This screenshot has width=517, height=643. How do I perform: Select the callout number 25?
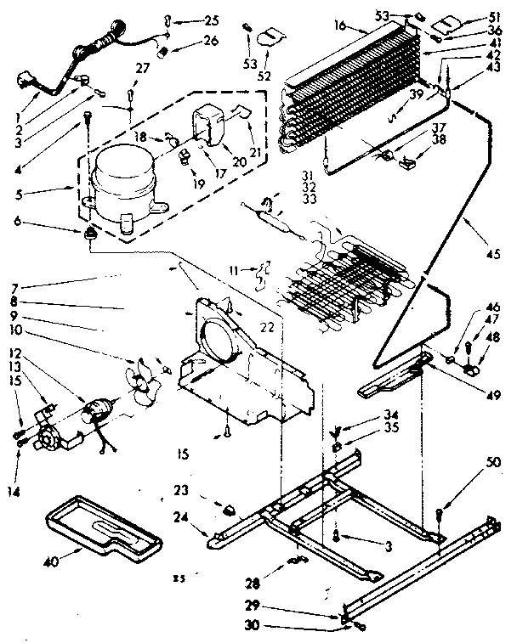[211, 20]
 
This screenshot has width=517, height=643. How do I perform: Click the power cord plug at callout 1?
[23, 83]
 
